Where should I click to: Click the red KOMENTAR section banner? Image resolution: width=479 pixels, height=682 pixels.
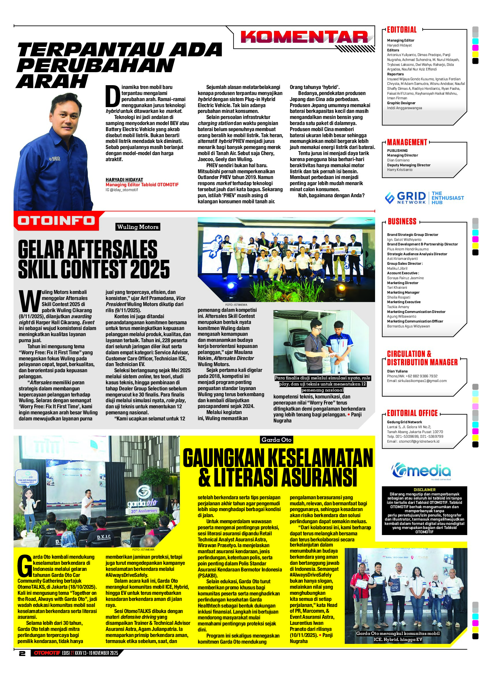point(304,38)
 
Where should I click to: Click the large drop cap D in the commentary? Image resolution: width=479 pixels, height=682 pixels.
point(113,96)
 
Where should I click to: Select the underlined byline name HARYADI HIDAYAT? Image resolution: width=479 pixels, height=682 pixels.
point(124,180)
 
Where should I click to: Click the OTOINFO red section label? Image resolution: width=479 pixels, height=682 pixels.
point(56,221)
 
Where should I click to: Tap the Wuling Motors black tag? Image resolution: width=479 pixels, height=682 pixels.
point(138,227)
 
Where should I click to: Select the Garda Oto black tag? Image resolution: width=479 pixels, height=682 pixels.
point(276,440)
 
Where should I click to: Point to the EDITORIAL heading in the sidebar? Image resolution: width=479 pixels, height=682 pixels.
point(402,30)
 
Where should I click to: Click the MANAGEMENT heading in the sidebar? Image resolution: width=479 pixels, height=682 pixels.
point(407,142)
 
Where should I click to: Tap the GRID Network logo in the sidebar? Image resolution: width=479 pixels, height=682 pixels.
point(405,198)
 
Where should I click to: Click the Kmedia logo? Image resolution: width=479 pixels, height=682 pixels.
point(421,471)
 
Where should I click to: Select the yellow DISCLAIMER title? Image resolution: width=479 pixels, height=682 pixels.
point(424,489)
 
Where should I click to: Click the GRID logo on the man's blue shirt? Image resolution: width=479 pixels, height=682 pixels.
point(55,159)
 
